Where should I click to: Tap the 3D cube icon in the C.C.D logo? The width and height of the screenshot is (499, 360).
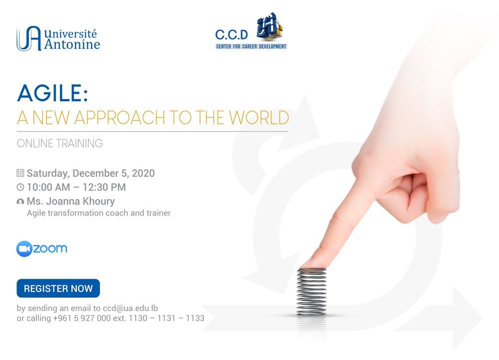[x=269, y=28]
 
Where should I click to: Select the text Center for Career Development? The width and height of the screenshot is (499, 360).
[x=251, y=46]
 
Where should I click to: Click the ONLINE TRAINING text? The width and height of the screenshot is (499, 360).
[x=60, y=144]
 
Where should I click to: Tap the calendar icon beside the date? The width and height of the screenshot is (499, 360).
[x=20, y=174]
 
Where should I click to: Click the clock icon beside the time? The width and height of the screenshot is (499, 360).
[x=20, y=187]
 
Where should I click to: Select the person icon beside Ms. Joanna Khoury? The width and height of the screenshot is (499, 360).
[x=20, y=202]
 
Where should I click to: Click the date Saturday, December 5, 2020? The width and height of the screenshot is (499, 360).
[x=90, y=174]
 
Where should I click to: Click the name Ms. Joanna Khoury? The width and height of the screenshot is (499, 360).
[x=70, y=201]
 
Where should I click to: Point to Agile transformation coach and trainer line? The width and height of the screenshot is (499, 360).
[x=99, y=213]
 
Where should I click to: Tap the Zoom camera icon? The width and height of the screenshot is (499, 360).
[x=24, y=249]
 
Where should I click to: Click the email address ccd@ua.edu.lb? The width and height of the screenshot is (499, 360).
[x=130, y=308]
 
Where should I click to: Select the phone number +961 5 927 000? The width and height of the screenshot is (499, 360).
[x=82, y=318]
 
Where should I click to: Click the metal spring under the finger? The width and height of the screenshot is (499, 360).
[x=311, y=292]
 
